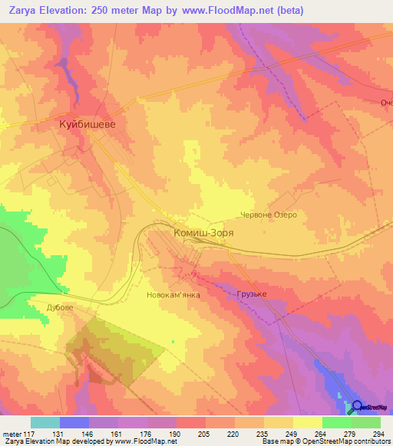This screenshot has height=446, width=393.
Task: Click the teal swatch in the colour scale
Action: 45,422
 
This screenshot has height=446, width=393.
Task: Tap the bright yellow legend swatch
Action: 308,422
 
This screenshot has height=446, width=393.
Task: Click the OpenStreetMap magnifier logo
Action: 358,406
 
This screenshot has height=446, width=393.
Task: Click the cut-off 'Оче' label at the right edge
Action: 385,103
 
